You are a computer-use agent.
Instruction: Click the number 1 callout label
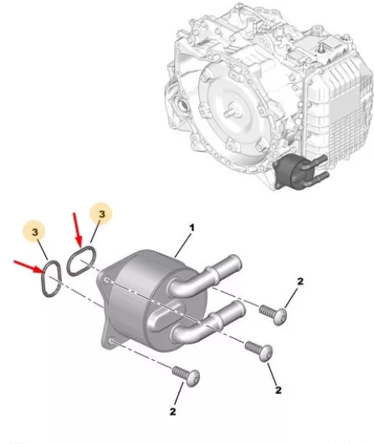pos(192,228)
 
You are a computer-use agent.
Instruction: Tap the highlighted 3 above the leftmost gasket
pos(35,232)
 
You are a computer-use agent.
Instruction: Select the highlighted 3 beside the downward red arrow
pos(102,214)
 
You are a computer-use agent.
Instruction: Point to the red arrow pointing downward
pos(77,230)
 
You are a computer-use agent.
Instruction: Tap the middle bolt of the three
pos(259,350)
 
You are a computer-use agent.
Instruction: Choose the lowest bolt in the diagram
pos(186,376)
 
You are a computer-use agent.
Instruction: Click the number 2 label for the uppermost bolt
pos(300,281)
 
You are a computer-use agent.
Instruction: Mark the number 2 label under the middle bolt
pos(278,390)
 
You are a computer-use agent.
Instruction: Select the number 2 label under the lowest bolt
pos(172,412)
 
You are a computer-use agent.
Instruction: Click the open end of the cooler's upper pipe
pos(235,263)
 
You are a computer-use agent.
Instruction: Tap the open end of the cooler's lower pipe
pos(240,309)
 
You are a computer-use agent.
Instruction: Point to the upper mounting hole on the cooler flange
pos(107,280)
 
